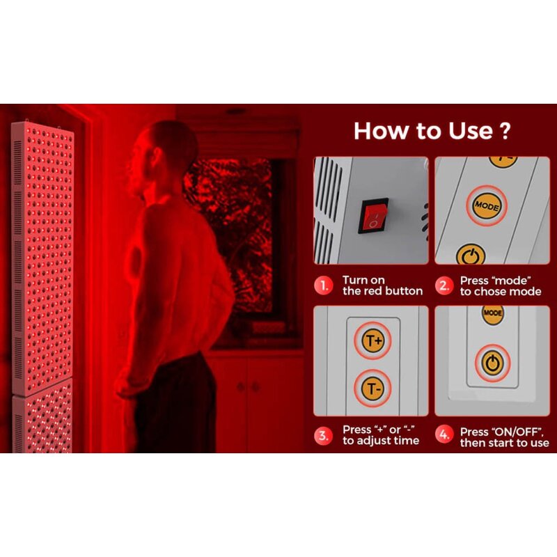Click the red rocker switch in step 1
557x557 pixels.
tap(372, 214)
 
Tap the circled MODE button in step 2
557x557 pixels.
tap(487, 205)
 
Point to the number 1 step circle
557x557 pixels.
tap(322, 285)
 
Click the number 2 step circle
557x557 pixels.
tap(443, 285)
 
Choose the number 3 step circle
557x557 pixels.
tap(322, 435)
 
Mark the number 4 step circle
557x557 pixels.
tap(443, 435)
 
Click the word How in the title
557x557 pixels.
tap(381, 131)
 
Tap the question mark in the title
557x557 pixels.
tap(505, 131)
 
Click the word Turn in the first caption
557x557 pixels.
tap(354, 280)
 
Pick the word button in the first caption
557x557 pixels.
tap(403, 291)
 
